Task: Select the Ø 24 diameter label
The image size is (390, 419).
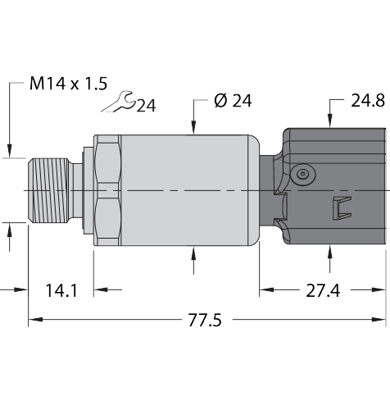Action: (x=232, y=101)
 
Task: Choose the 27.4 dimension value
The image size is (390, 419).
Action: (x=322, y=290)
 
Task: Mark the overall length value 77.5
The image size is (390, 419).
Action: (x=205, y=320)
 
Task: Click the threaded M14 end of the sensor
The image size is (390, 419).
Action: (x=50, y=190)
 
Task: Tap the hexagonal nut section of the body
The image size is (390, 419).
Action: (x=107, y=190)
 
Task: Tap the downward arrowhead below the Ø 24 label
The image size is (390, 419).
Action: (x=193, y=127)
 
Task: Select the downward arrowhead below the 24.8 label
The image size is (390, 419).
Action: (x=330, y=123)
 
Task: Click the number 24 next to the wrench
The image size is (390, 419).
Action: (x=147, y=105)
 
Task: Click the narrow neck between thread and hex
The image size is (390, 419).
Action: (x=78, y=190)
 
